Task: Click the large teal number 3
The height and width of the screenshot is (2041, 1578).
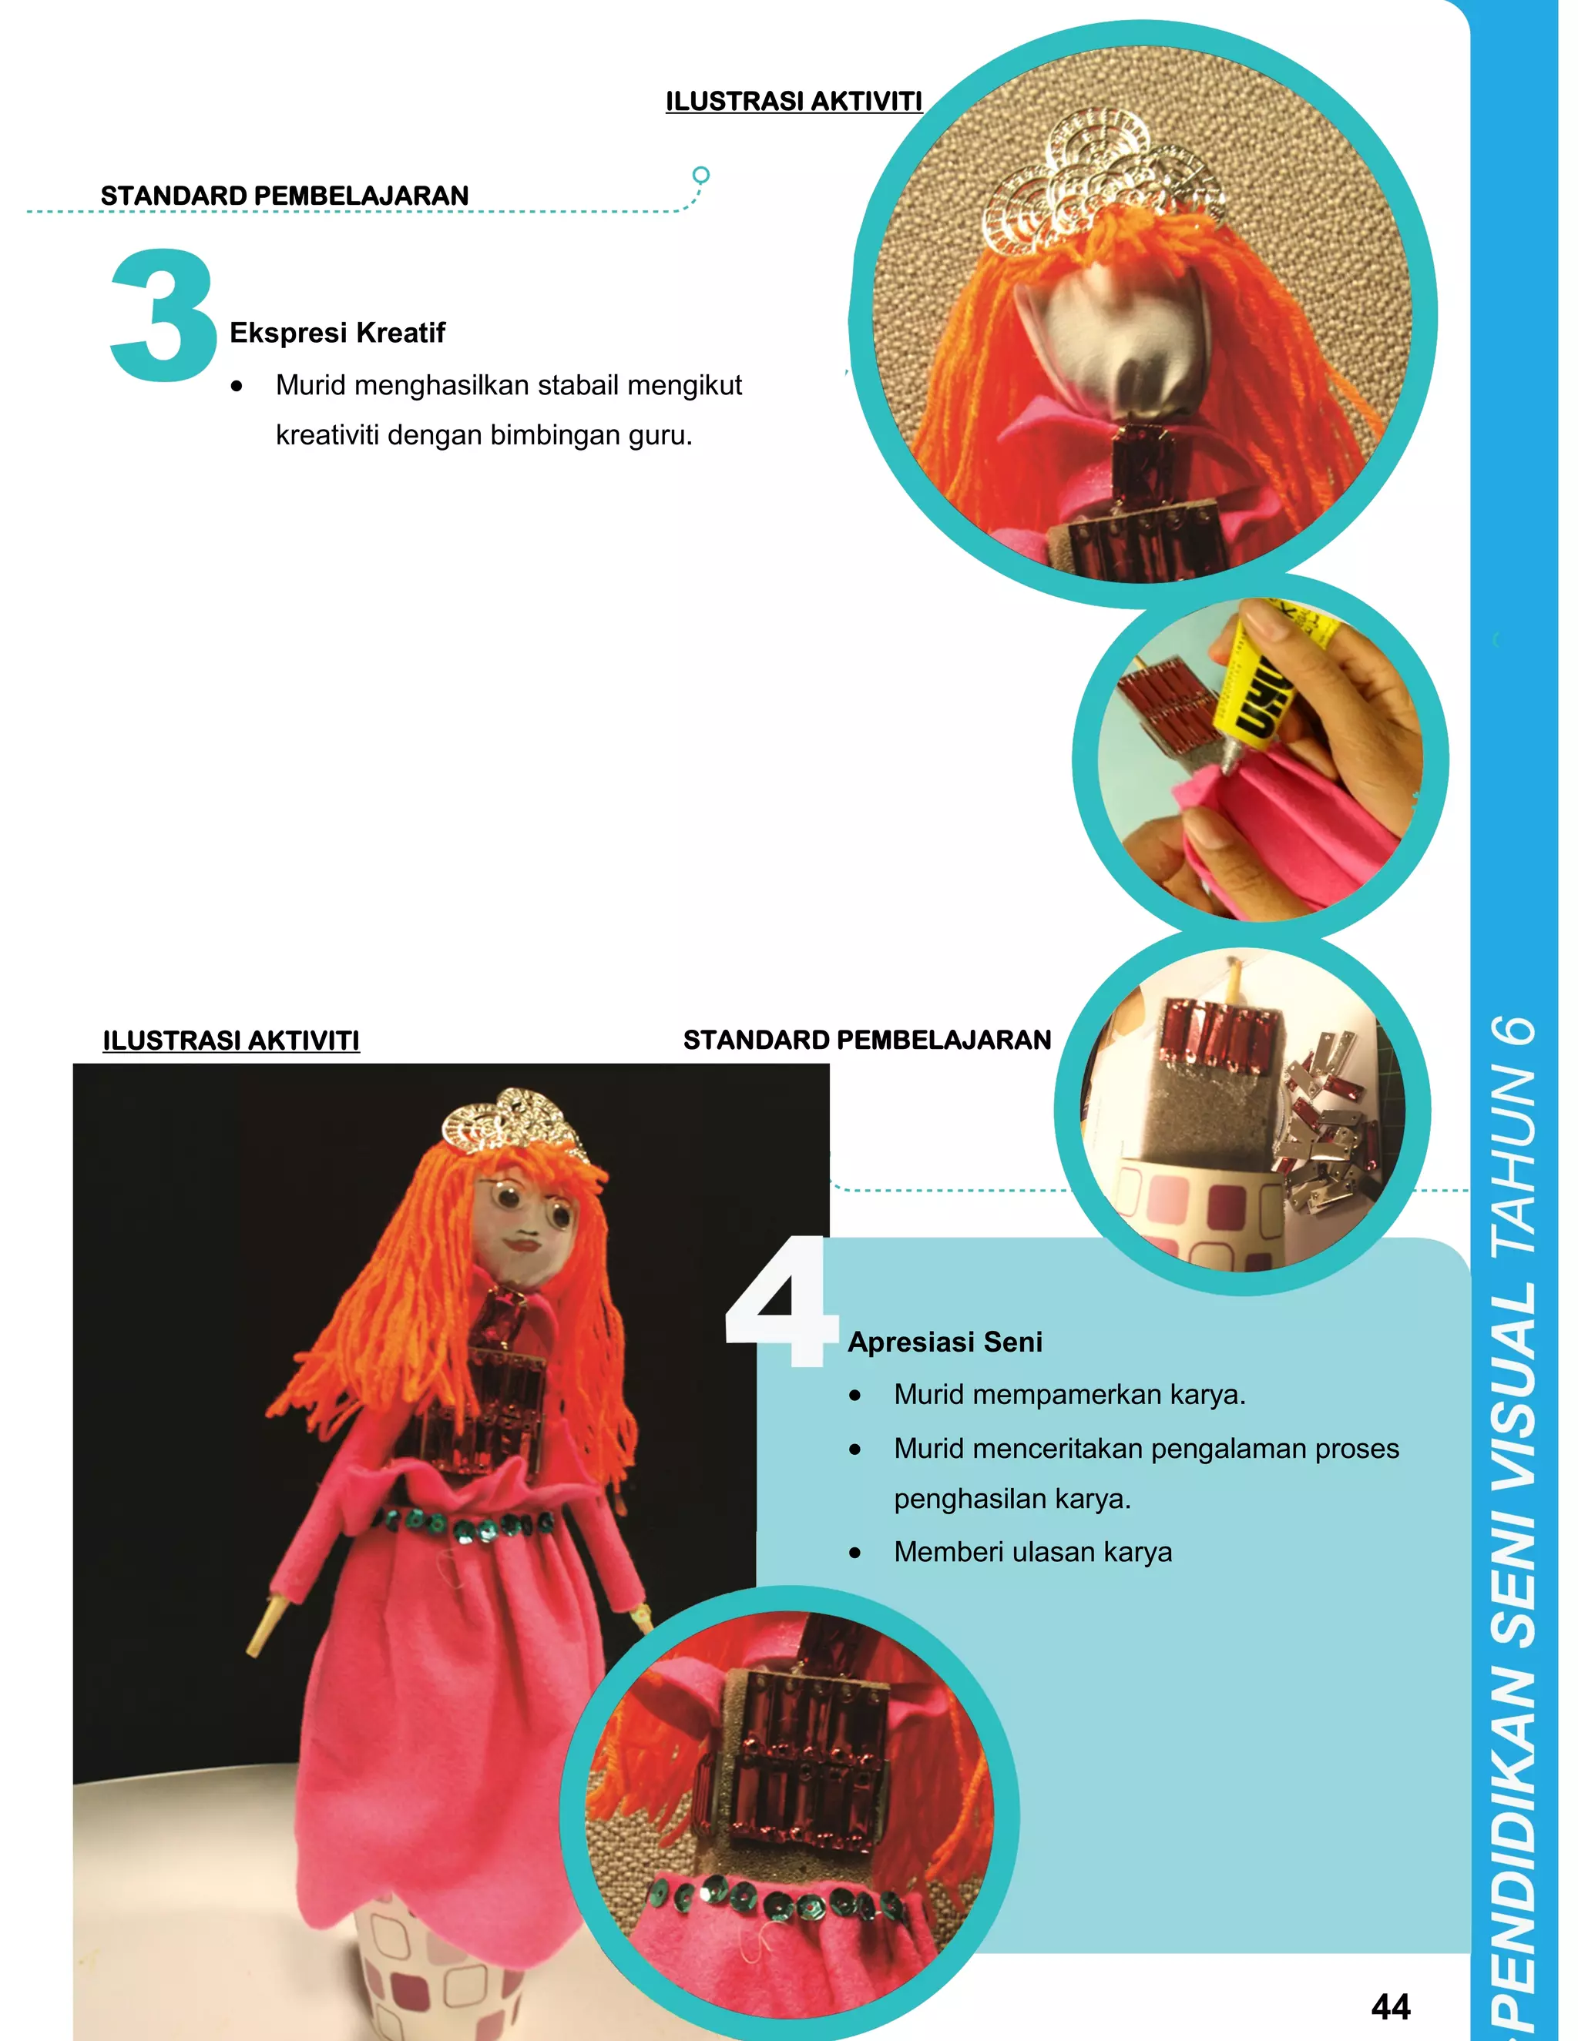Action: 163,316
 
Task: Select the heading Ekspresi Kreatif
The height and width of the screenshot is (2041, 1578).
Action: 337,333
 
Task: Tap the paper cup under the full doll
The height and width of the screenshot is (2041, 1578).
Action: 439,1972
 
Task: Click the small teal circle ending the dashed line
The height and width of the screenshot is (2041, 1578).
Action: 700,175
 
